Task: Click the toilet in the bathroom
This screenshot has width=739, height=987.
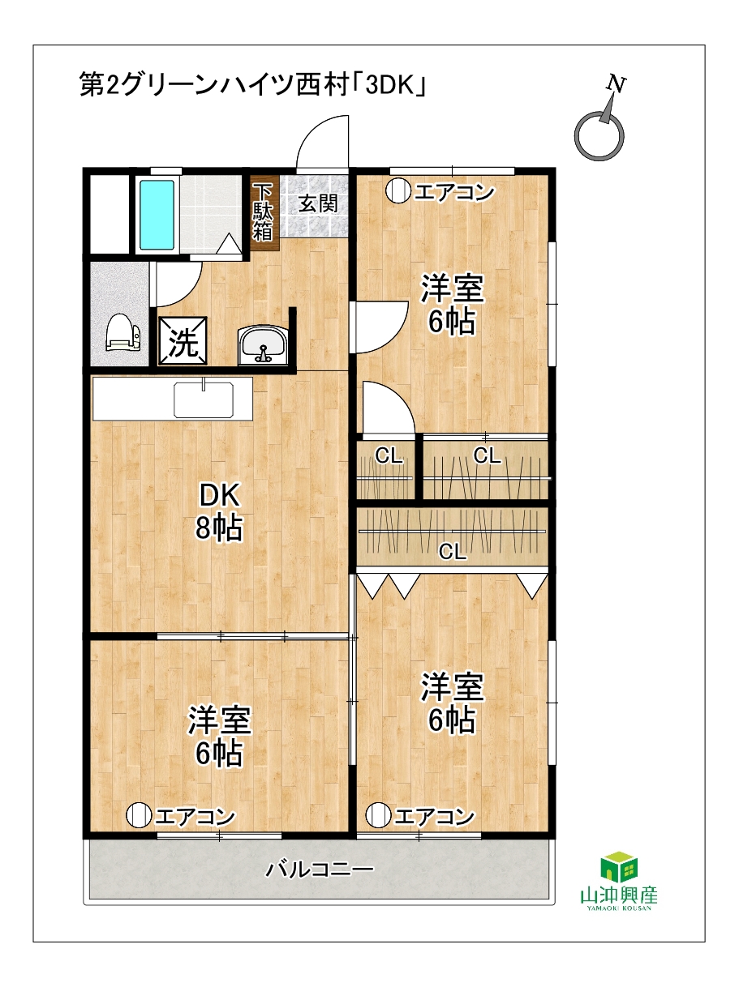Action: (122, 332)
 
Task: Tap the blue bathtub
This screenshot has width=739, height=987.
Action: (157, 215)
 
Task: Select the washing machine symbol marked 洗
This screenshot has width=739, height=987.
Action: (183, 340)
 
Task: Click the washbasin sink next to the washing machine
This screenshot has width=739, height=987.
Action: (263, 344)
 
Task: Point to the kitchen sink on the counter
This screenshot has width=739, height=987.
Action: (204, 399)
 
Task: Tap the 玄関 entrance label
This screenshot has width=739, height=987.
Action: (318, 203)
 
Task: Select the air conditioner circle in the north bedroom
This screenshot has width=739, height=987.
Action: (398, 191)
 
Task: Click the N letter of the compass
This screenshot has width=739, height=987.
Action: (617, 83)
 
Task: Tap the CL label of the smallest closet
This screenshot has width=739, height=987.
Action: (389, 456)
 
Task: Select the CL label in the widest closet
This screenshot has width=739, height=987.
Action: (452, 551)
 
